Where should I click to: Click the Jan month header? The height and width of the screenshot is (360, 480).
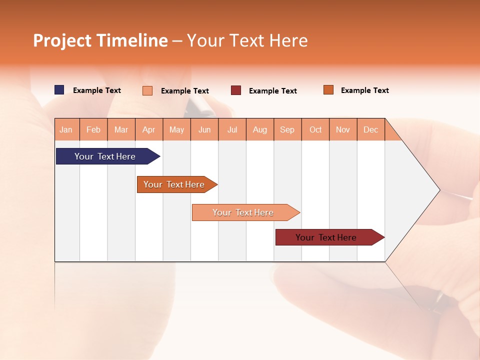pos(66,129)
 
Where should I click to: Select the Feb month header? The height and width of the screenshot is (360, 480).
pos(93,129)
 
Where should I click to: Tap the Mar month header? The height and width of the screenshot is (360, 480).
pos(121,129)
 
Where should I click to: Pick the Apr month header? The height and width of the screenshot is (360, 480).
pos(149,129)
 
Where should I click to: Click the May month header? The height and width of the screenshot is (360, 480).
pos(176,129)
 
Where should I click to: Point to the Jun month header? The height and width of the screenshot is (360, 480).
pos(204,129)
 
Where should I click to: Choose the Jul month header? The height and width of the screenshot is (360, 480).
pos(232,129)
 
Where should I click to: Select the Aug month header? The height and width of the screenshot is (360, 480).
pos(260,129)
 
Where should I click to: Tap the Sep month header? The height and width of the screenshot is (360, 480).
pos(287,129)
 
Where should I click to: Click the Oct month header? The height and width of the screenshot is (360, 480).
pos(315,129)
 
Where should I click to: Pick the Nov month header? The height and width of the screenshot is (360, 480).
pos(343,129)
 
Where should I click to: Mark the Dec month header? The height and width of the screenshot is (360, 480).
pos(371,129)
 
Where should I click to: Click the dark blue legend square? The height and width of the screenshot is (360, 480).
pos(59,90)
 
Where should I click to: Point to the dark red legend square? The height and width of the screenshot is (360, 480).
pos(236,90)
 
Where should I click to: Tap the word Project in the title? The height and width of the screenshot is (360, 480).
pos(62,40)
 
